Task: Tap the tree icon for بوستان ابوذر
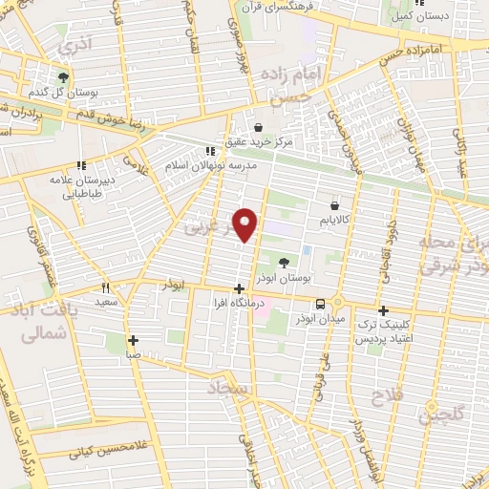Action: click(x=284, y=262)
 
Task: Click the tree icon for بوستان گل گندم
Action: click(x=64, y=77)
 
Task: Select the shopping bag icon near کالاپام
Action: click(x=333, y=203)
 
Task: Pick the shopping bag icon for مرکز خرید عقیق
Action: click(x=257, y=126)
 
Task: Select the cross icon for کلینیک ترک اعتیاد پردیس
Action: click(x=383, y=310)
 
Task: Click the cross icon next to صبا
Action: click(x=133, y=340)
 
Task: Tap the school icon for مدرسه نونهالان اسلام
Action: click(x=211, y=150)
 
